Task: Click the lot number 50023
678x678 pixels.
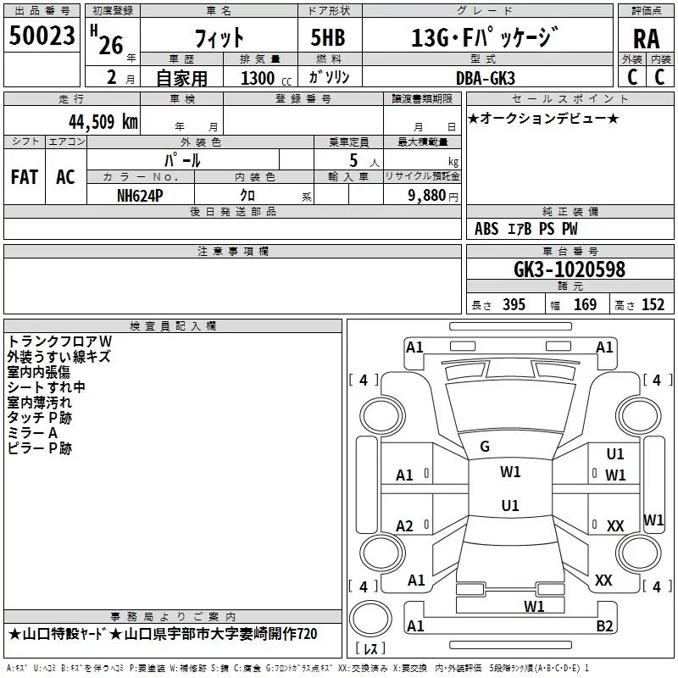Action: coord(42,36)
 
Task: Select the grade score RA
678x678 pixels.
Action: coord(646,39)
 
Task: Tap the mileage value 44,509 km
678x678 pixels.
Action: coord(103,122)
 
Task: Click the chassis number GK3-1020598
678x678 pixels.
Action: coord(570,270)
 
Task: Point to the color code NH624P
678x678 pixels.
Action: coord(140,196)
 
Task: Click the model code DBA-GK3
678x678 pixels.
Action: coord(486,78)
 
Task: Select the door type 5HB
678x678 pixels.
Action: coord(328,37)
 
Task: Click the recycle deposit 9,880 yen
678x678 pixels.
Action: coord(433,196)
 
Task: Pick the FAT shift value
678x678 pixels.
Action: coord(25,177)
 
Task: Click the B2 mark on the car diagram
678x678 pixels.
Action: coord(604,626)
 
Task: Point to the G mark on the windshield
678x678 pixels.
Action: coord(485,447)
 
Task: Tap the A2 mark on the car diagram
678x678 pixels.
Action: coord(404,526)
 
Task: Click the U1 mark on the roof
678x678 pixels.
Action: coord(510,505)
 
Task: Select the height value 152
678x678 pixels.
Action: coord(653,305)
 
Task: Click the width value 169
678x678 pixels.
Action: coord(585,305)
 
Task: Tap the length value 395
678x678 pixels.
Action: coord(514,305)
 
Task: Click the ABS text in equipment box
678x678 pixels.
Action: coord(486,229)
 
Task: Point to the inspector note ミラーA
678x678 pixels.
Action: coord(32,433)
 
